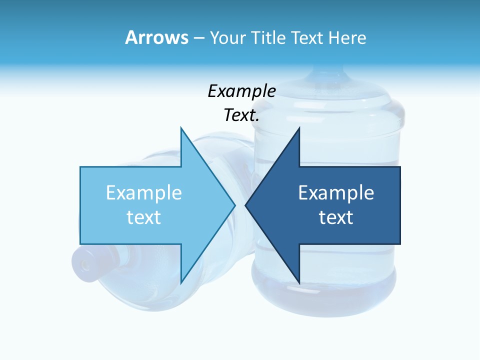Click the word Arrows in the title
tap(156, 37)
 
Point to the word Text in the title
tap(308, 37)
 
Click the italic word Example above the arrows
tap(242, 91)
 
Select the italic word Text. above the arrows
tap(242, 115)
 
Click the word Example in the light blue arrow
tap(144, 193)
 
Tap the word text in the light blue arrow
tap(144, 217)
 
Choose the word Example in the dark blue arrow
tap(336, 193)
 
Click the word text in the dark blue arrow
tap(336, 217)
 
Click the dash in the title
tap(198, 38)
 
